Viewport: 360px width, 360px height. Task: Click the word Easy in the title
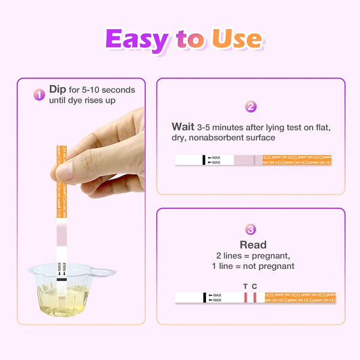click(136, 41)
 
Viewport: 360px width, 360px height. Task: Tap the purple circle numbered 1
click(39, 95)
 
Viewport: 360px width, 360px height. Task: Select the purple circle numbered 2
click(251, 107)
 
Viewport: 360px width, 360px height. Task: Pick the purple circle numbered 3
click(251, 230)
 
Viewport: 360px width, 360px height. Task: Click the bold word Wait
click(183, 126)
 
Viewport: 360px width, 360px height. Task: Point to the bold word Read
click(253, 245)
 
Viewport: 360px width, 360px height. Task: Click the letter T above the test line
click(245, 286)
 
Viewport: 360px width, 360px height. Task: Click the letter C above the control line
click(255, 286)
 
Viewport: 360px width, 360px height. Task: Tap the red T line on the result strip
click(247, 297)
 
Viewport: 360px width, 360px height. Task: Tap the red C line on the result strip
click(255, 297)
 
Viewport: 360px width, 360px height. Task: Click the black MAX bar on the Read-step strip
click(204, 297)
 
